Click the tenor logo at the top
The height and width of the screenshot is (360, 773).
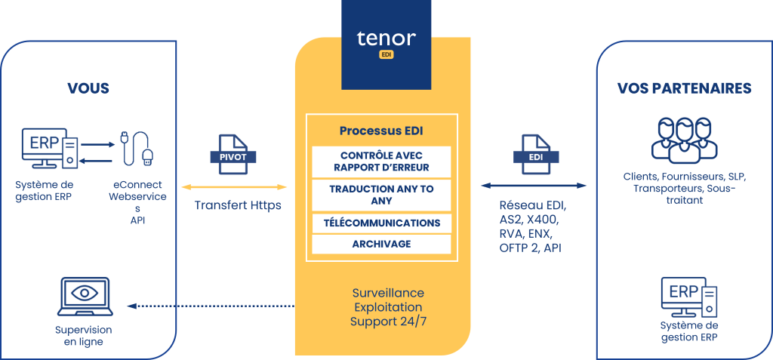point(386,45)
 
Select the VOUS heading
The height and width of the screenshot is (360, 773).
point(88,89)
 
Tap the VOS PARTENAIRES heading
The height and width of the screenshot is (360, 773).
point(684,89)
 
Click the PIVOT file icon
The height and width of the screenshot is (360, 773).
point(234,155)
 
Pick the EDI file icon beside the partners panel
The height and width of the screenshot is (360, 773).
point(537,155)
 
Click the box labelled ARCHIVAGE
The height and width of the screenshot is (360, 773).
point(381,244)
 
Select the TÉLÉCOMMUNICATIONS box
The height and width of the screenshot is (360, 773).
point(381,223)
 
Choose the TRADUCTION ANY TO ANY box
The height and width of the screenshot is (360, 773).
point(381,195)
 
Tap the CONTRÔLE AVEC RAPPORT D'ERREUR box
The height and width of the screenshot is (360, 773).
point(381,162)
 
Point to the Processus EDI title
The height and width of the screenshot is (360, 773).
point(381,131)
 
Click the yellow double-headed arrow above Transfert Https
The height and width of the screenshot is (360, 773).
point(234,187)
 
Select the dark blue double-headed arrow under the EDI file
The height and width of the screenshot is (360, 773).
point(534,186)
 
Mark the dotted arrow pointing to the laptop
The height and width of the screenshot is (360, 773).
point(211,306)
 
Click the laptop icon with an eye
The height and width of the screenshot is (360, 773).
point(85,297)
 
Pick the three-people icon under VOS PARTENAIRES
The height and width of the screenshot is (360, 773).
point(684,140)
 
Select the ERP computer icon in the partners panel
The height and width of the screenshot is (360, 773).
point(689,297)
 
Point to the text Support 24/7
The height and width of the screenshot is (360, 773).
point(387,322)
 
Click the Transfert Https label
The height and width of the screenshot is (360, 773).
point(238,205)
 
